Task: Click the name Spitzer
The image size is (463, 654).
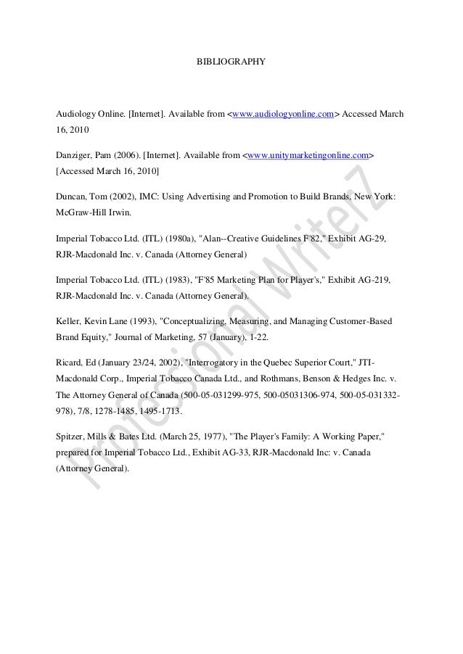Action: (x=70, y=439)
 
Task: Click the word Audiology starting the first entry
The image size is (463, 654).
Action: (x=75, y=115)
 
